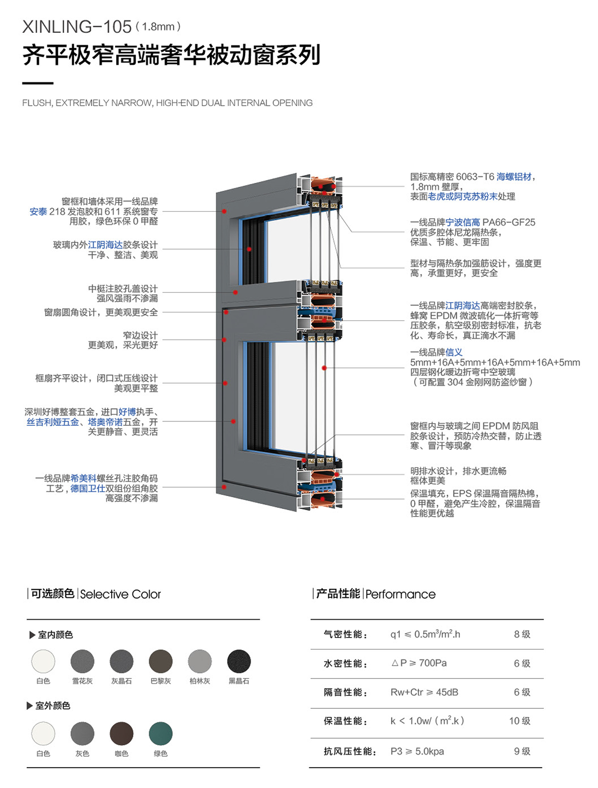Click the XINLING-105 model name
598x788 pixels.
tap(77, 26)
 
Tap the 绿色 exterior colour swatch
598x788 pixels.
tap(160, 733)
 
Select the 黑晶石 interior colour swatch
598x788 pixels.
tap(239, 661)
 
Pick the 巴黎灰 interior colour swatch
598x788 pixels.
tap(160, 661)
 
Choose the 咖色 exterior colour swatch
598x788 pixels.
tap(122, 733)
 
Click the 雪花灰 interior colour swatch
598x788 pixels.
tap(82, 661)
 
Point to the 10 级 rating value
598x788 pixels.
tap(520, 721)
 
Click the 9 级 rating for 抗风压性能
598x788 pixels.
tap(522, 751)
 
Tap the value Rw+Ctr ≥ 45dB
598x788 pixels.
tap(424, 692)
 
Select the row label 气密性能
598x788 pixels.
tap(345, 634)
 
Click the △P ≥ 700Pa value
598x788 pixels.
tap(419, 663)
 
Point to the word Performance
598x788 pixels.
tap(400, 594)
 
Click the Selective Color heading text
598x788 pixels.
tap(120, 594)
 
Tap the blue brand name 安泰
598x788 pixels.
tap(38, 212)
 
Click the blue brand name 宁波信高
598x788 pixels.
tap(462, 222)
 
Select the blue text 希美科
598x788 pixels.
tap(83, 478)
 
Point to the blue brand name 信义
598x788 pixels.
tap(454, 352)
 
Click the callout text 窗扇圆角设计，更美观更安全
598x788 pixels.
tap(101, 312)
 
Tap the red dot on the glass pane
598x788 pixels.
tap(324, 368)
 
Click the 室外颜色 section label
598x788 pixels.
tap(52, 706)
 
